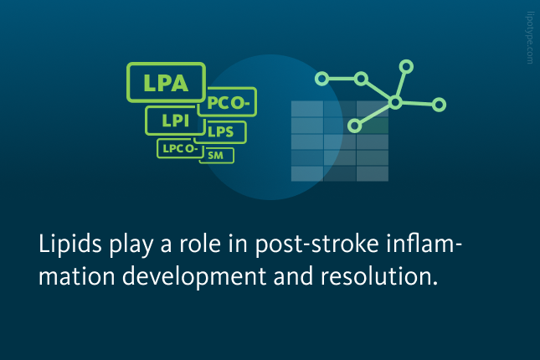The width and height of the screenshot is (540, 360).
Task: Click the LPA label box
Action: tap(167, 82)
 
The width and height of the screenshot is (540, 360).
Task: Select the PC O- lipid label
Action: tap(228, 102)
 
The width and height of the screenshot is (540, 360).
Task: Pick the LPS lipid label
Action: tap(221, 132)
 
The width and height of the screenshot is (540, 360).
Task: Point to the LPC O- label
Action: tap(180, 148)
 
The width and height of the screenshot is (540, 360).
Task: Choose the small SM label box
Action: tap(217, 156)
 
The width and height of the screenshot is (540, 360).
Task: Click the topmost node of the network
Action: tap(406, 66)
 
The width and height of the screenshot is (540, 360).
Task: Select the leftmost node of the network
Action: tap(321, 79)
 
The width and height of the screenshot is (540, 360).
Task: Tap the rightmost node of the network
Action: tap(439, 105)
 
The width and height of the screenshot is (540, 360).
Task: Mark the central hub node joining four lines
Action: tap(395, 102)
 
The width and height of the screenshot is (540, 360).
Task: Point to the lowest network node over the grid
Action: tap(355, 126)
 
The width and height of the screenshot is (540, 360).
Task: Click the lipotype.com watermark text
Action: tap(530, 38)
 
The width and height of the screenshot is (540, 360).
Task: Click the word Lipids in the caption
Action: tap(70, 244)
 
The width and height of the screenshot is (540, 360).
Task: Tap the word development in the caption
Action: tap(194, 276)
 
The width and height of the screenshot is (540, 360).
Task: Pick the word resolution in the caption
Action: tap(379, 276)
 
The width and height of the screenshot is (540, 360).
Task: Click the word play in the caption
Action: tap(131, 245)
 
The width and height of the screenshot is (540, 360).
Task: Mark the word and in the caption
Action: tap(293, 276)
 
